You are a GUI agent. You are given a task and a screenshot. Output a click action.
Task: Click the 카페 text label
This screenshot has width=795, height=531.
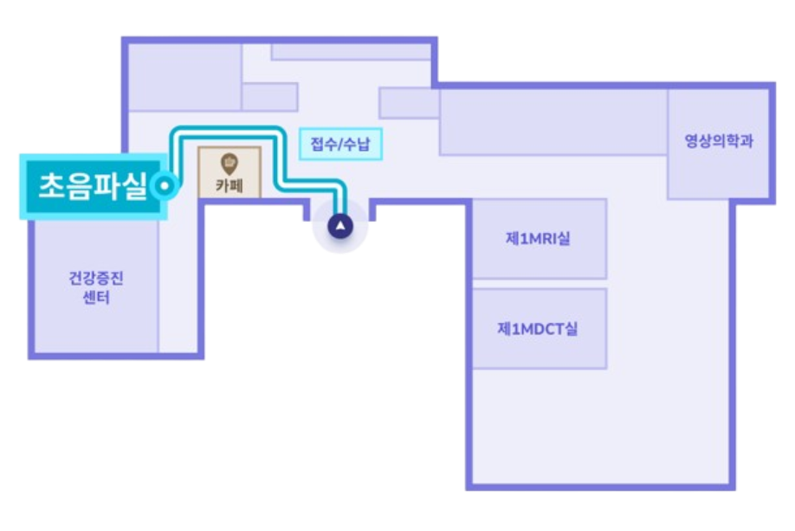pyautogui.click(x=229, y=185)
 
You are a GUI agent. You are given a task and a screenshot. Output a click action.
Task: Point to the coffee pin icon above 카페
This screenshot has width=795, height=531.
pyautogui.click(x=229, y=162)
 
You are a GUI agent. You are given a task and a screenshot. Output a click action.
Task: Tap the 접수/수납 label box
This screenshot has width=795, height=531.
pyautogui.click(x=340, y=144)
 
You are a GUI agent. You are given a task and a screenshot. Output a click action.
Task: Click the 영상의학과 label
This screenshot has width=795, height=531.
pyautogui.click(x=718, y=140)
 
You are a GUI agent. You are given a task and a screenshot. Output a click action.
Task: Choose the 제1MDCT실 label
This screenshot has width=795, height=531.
pyautogui.click(x=538, y=329)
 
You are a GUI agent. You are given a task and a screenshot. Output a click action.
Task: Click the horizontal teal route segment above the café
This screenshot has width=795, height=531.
pyautogui.click(x=227, y=133)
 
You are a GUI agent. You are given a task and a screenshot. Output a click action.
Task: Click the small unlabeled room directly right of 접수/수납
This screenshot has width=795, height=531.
pyautogui.click(x=409, y=103)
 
